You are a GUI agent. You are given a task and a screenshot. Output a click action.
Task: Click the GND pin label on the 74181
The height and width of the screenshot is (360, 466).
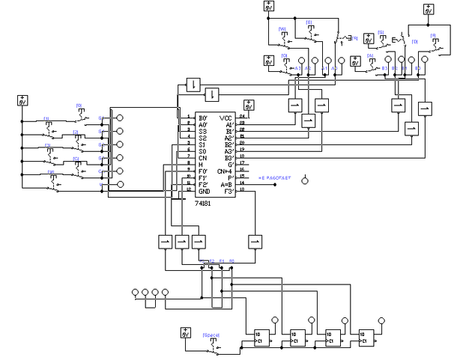203,192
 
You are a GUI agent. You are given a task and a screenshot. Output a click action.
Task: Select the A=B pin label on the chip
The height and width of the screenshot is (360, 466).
226,185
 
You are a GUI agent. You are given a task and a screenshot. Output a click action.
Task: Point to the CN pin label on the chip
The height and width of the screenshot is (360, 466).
202,158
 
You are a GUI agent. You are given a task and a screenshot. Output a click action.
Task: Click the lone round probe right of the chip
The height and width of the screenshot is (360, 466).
304,180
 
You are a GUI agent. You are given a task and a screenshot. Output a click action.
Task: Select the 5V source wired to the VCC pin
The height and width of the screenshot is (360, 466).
248,106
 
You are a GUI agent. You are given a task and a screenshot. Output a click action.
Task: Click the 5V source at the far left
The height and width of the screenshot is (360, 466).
22,100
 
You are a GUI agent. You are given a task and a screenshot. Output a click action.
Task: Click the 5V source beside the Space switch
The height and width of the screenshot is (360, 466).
185,333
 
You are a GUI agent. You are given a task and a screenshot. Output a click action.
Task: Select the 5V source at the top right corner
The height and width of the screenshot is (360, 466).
429,10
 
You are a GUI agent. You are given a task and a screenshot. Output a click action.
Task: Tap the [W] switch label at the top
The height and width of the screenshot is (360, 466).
282,29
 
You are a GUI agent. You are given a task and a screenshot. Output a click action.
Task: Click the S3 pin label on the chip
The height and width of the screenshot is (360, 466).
202,131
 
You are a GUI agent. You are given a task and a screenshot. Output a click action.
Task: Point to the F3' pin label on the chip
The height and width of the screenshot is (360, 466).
226,192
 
